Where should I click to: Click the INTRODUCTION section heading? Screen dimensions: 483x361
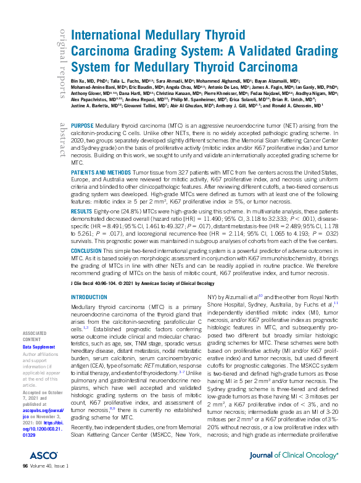pyautogui.click(x=89, y=297)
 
